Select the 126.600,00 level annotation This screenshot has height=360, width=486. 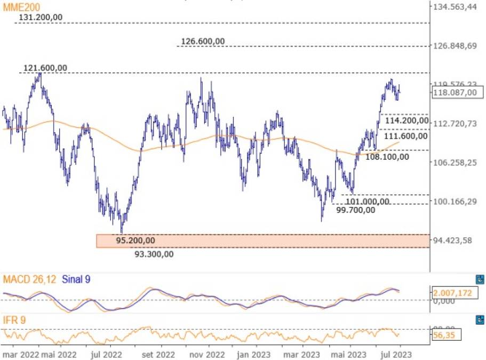point(203,41)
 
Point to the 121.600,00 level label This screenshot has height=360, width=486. point(45,68)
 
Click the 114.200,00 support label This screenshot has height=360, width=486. point(406,121)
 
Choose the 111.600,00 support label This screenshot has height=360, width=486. point(406,136)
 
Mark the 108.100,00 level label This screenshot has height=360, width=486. point(387,157)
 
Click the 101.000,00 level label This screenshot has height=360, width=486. point(367,202)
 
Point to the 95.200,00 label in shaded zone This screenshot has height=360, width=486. point(136,241)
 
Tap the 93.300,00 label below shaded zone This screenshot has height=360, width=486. point(154,254)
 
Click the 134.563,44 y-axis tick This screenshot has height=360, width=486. point(455,7)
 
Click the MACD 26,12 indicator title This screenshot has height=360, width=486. point(29,279)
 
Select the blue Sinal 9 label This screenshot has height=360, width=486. point(76,279)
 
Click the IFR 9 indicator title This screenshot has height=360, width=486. point(15,320)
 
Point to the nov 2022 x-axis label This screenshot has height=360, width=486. point(207,354)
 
